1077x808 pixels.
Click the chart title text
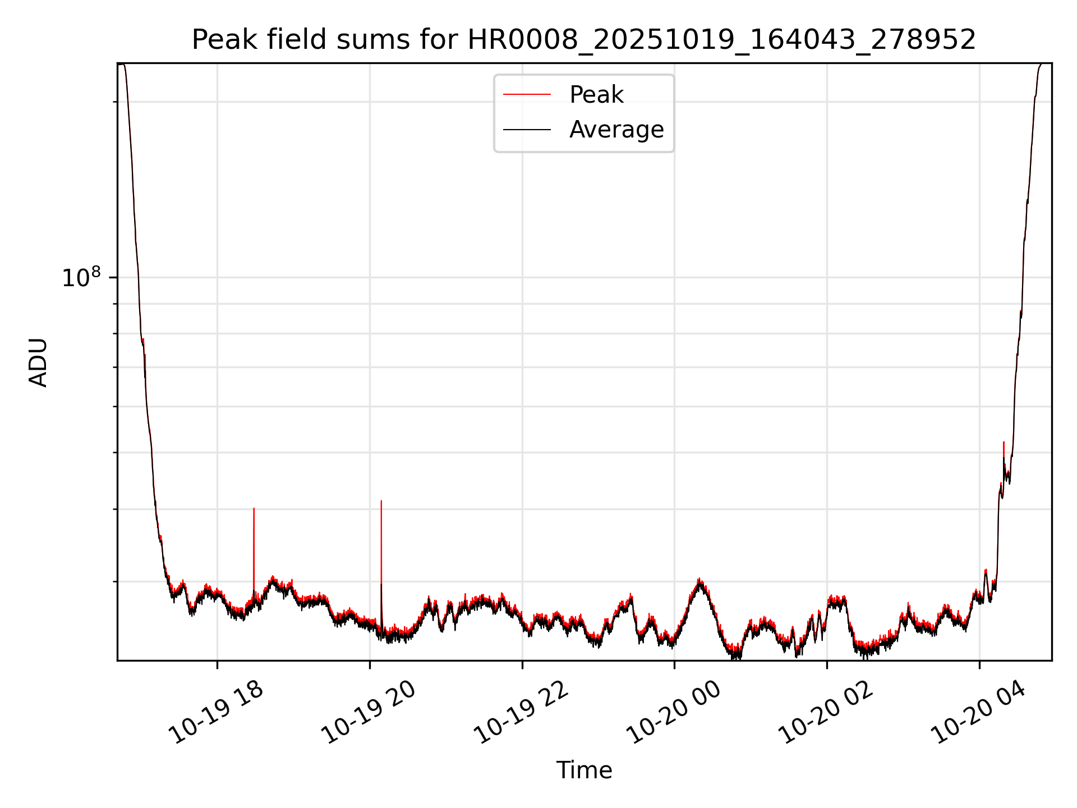coord(584,40)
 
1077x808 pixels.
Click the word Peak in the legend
coord(596,95)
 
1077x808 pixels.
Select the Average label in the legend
coord(616,130)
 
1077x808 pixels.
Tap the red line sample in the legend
coord(527,95)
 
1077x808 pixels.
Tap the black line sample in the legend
coord(527,130)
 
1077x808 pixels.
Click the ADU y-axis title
coord(39,362)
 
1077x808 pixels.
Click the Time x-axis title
coord(584,770)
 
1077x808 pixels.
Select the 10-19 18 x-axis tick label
coord(217,713)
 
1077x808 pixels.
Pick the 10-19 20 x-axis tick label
coord(369,713)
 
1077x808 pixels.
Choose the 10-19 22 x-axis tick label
coord(522,713)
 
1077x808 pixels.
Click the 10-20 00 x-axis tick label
coord(674,713)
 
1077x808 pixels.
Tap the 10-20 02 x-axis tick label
coord(826,713)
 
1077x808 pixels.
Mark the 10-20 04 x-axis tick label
coord(979,713)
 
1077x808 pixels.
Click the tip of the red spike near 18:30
coord(254,509)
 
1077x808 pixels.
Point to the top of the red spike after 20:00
coord(381,501)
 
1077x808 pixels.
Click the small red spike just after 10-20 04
coord(1004,443)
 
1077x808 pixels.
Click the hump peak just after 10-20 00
coord(699,580)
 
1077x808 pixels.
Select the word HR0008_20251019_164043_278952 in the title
coord(722,40)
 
